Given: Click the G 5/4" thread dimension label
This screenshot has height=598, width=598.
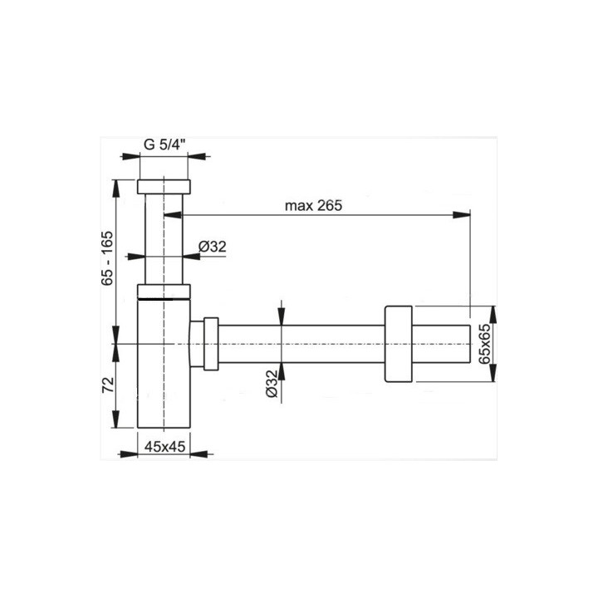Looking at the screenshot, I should pyautogui.click(x=164, y=143).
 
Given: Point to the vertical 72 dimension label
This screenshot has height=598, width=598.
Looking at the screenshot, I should pyautogui.click(x=106, y=384).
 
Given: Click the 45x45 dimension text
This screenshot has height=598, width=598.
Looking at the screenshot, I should pyautogui.click(x=164, y=446).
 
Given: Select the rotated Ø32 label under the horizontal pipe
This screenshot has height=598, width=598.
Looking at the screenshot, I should pyautogui.click(x=272, y=385).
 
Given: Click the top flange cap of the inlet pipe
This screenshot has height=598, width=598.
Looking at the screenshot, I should pyautogui.click(x=164, y=186).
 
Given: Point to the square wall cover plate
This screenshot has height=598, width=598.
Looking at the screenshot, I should pyautogui.click(x=399, y=344).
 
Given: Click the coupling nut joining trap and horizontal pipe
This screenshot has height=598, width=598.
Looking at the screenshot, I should pyautogui.click(x=205, y=342).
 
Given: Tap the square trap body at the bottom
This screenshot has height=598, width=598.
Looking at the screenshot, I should pyautogui.click(x=164, y=374).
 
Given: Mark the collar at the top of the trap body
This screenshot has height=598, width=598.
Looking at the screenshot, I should pyautogui.click(x=164, y=291).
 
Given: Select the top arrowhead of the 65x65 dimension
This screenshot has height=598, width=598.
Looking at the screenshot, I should pyautogui.click(x=491, y=311).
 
